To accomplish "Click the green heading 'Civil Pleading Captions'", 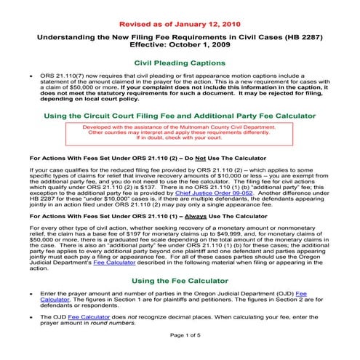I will click(x=180, y=63).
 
